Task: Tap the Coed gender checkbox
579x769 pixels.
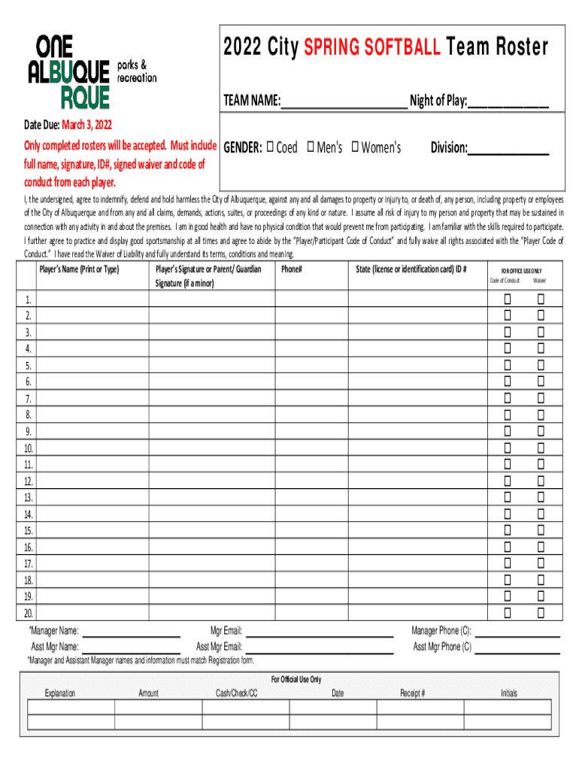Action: click(x=270, y=147)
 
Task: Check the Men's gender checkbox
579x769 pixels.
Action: click(x=310, y=147)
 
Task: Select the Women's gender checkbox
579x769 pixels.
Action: click(x=355, y=147)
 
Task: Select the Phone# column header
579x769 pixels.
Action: click(x=292, y=269)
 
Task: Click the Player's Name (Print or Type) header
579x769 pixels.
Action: click(x=80, y=269)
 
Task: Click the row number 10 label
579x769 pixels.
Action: click(x=28, y=448)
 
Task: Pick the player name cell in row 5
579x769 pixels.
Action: click(x=92, y=366)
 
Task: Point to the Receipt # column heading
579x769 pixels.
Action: click(x=412, y=693)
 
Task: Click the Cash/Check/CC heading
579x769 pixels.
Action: click(x=237, y=693)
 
